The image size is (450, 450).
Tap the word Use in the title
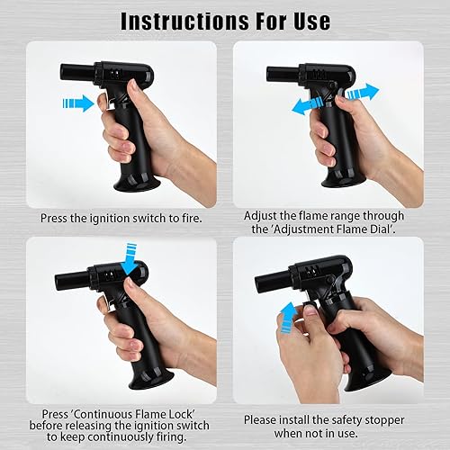point(312,21)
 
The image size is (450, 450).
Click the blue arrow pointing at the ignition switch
point(78,103)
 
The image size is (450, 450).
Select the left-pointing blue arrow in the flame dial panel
point(308,105)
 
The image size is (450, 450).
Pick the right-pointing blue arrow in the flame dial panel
point(363,93)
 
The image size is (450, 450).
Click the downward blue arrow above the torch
point(130,259)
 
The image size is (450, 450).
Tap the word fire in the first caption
point(192,218)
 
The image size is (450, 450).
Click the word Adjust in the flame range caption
point(260,216)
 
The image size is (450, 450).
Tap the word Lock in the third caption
point(182,414)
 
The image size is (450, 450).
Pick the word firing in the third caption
point(171,437)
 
